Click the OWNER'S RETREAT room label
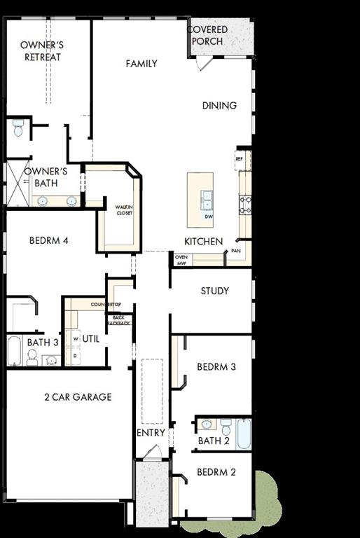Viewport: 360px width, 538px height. click(42, 51)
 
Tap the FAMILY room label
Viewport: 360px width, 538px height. click(141, 64)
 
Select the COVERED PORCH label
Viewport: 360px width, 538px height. click(207, 36)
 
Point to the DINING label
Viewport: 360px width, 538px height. click(219, 106)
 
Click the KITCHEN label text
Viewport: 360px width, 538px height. click(203, 242)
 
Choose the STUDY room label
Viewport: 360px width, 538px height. click(214, 291)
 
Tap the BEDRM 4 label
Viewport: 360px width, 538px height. click(48, 240)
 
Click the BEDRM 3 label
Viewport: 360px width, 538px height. click(216, 366)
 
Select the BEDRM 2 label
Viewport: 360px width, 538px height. click(216, 472)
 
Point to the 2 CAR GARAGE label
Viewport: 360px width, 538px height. click(78, 397)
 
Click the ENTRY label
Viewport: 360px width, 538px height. click(151, 433)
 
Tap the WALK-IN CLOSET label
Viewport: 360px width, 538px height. click(124, 209)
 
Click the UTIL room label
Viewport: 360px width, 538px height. click(91, 338)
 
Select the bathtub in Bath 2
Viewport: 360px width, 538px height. click(243, 434)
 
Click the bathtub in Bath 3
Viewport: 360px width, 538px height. click(15, 350)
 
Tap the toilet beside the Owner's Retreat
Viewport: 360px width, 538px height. click(19, 128)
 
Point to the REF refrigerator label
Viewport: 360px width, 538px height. click(239, 159)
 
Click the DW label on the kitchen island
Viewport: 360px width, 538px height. click(208, 216)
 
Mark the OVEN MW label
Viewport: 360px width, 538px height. click(181, 261)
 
